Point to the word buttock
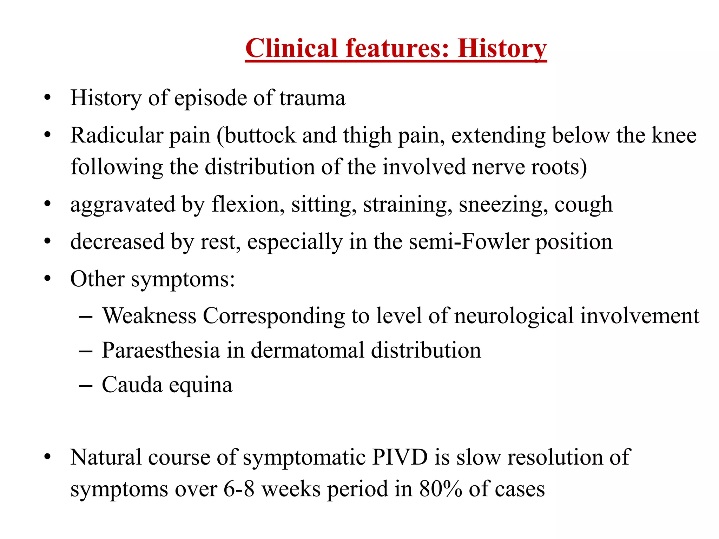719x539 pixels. [x=260, y=135]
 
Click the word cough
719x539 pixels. [x=583, y=204]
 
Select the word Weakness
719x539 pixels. [x=149, y=315]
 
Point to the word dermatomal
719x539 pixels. [x=308, y=350]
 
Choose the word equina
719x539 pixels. [x=200, y=385]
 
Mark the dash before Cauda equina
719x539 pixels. [x=86, y=386]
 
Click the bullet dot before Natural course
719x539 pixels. [x=48, y=457]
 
